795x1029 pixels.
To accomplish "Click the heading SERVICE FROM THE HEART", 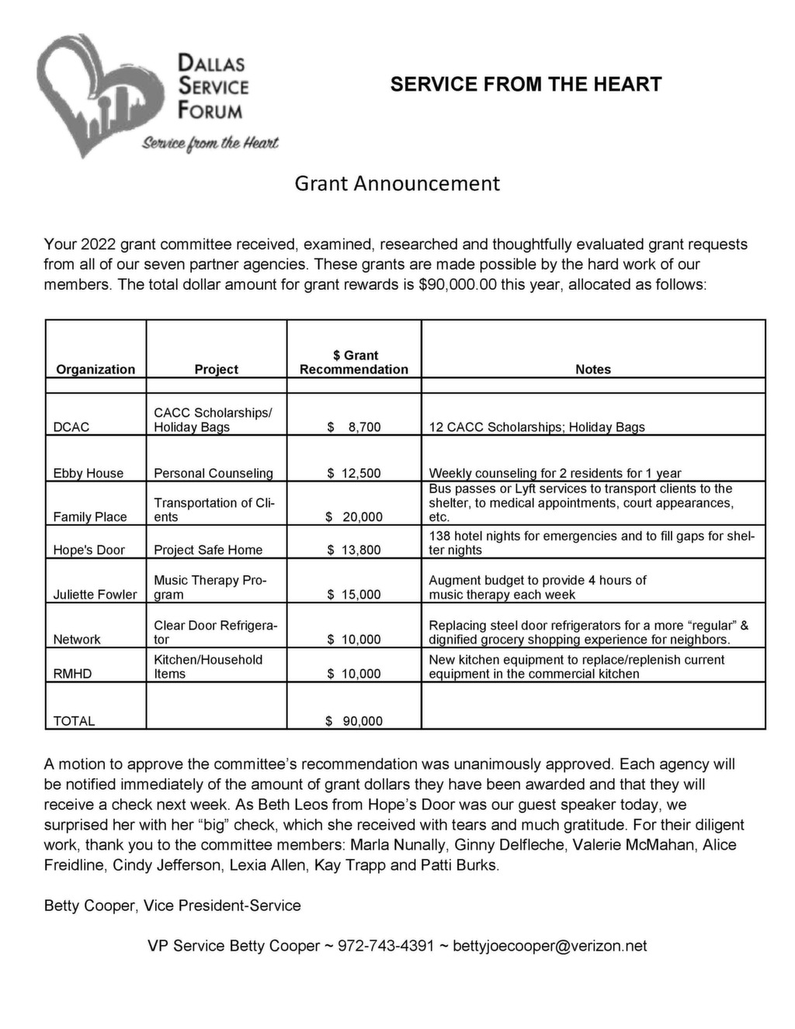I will [x=526, y=85].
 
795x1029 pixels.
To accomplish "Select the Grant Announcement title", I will [x=397, y=183].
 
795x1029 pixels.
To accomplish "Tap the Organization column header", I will [x=95, y=370].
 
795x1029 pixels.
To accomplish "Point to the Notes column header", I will [x=593, y=370].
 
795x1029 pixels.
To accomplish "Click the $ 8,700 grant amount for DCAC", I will [x=354, y=427].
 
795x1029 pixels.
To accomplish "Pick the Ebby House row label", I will [x=89, y=473].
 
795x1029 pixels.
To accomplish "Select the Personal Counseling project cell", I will [x=214, y=473].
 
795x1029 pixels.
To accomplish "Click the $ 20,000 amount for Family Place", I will [x=354, y=517].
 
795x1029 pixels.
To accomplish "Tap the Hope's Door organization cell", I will [x=89, y=550].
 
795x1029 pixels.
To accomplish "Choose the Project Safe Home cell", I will [x=208, y=550].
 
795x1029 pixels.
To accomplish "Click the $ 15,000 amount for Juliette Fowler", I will [x=354, y=595].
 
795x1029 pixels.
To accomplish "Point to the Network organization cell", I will [x=77, y=640].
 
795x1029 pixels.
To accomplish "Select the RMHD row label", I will [x=72, y=674].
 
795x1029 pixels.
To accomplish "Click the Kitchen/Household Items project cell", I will [x=208, y=667].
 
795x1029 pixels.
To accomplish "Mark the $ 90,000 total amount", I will [x=354, y=721].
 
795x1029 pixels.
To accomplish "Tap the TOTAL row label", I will [x=74, y=721].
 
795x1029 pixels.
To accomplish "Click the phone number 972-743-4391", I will [x=386, y=946].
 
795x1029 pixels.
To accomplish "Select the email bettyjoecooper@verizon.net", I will [x=550, y=946].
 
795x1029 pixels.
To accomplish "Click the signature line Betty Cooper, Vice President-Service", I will [x=172, y=906].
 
